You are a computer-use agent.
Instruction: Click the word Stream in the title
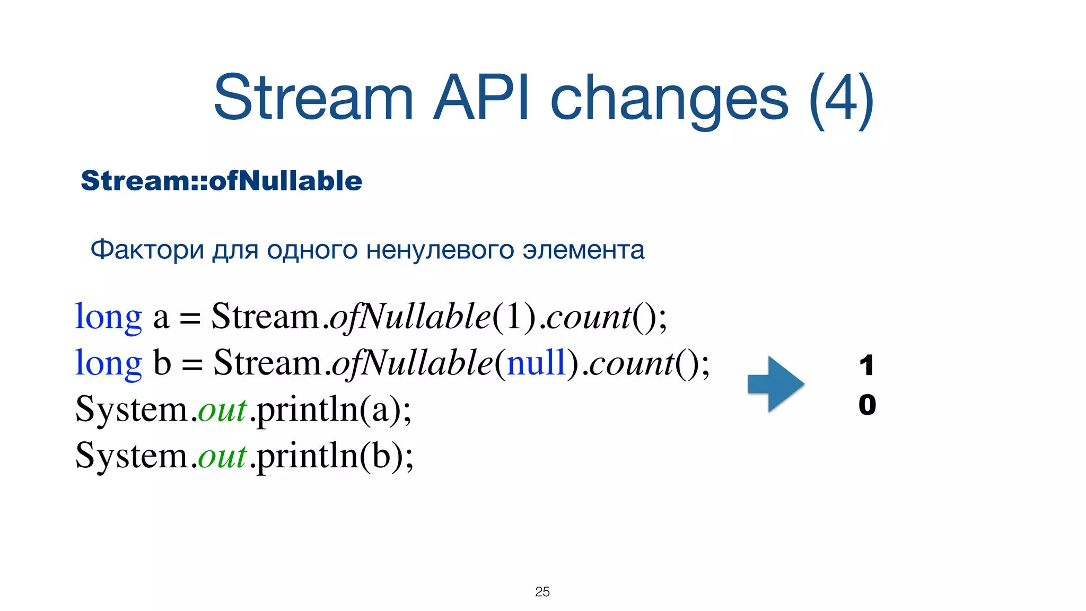click(313, 98)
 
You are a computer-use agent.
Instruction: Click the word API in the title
click(480, 98)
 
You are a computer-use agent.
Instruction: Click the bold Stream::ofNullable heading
click(221, 181)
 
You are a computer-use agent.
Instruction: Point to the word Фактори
click(147, 249)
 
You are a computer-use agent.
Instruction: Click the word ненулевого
click(440, 250)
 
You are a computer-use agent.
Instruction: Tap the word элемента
click(583, 250)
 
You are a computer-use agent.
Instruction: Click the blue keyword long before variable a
click(109, 317)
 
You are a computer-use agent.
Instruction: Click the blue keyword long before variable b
click(109, 363)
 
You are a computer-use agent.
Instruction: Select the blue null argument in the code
click(537, 363)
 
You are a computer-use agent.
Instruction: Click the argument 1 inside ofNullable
click(514, 317)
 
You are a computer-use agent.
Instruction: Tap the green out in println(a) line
click(222, 410)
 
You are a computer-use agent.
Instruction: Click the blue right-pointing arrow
click(776, 384)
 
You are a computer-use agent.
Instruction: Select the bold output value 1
click(866, 365)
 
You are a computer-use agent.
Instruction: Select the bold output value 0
click(867, 405)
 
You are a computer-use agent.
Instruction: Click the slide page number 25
click(542, 591)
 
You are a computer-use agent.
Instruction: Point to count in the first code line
click(588, 317)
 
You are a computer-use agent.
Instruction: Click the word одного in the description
click(312, 250)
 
